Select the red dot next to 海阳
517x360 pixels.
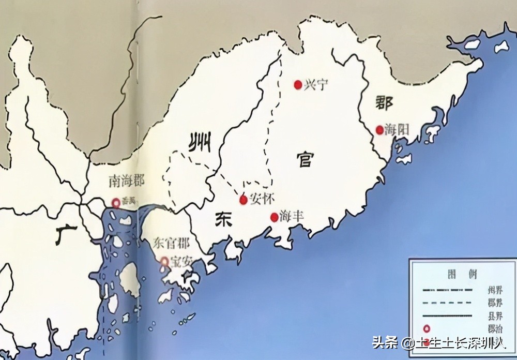379,129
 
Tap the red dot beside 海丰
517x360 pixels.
273,218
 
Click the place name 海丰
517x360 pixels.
291,217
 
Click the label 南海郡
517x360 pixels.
127,181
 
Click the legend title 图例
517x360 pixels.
455,274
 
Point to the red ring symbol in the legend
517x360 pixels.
427,328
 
